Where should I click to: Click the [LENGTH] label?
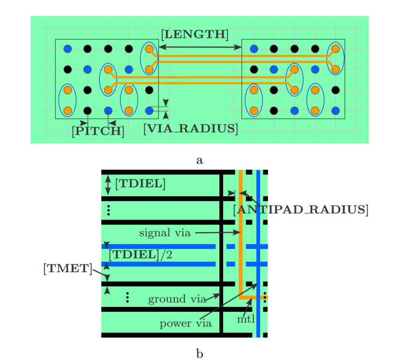[195, 35]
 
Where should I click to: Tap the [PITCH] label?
[98, 131]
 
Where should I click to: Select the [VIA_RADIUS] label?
[191, 129]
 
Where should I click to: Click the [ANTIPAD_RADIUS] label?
[301, 210]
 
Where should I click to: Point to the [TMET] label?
[68, 268]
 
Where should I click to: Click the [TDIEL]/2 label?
[140, 255]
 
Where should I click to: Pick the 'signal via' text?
[165, 233]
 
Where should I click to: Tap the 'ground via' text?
[177, 299]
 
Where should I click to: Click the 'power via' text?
[186, 323]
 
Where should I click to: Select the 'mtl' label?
[246, 319]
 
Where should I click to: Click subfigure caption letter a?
[199, 160]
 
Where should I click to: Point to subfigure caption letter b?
[199, 353]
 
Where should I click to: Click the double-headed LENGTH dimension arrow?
[200, 47]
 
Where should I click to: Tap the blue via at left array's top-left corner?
[68, 49]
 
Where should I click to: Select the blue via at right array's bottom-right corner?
[335, 110]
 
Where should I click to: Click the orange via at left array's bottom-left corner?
[68, 110]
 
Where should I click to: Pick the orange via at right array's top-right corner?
[335, 49]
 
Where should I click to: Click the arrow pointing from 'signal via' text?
[218, 233]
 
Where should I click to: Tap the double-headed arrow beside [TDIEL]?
[108, 185]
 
